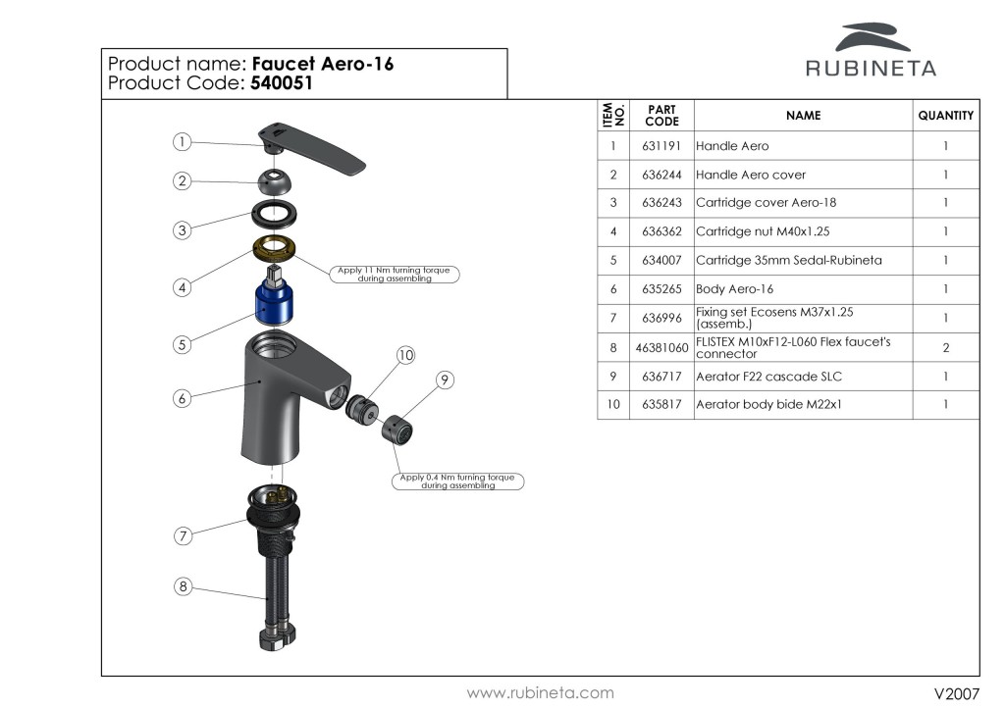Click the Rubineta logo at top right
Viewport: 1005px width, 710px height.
pos(871,51)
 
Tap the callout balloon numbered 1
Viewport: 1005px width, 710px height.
pos(182,142)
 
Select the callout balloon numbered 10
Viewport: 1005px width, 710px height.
pos(405,354)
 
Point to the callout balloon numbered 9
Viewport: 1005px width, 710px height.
pos(445,380)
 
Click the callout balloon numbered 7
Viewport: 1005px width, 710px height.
pos(182,535)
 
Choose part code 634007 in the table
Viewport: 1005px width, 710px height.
pos(661,260)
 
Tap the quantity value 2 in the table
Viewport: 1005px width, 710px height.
pos(945,348)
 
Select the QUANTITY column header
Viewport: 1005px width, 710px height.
pos(945,116)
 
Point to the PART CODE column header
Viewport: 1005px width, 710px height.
pos(661,116)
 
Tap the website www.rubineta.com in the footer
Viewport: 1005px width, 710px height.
pos(540,692)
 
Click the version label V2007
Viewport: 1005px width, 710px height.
pos(956,693)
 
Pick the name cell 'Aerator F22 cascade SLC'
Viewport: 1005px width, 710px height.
pos(768,377)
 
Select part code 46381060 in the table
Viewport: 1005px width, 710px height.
pos(661,348)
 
